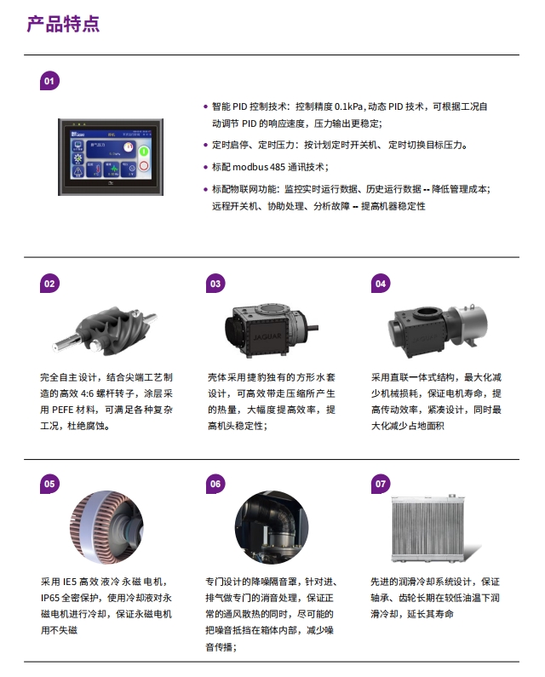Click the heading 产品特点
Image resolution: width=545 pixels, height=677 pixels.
63,24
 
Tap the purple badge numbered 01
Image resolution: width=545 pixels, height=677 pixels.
49,81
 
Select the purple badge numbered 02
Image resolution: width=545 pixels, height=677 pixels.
49,284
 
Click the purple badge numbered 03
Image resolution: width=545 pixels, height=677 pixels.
215,284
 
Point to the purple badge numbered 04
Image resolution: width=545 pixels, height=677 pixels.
381,284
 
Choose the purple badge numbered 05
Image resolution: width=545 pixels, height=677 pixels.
49,484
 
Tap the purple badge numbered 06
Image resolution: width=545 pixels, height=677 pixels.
215,484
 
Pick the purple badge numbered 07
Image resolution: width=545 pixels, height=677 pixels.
381,484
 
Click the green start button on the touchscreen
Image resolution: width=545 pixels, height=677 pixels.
144,151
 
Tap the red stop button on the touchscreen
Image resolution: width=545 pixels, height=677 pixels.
144,166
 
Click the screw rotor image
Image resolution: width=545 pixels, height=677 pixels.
105,330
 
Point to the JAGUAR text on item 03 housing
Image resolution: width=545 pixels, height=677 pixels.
267,336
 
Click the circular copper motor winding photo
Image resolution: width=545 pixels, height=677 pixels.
106,527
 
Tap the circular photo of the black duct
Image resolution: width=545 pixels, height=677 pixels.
272,527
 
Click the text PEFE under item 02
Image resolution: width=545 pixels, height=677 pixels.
62,410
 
